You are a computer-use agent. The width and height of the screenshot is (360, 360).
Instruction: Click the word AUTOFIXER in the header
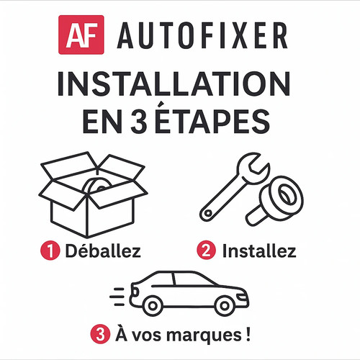point(203,34)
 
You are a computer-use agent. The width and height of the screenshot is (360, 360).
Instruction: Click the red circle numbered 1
point(50,252)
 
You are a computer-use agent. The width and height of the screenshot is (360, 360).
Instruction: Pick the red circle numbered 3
point(99,335)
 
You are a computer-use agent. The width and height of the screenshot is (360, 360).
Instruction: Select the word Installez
point(259,252)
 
